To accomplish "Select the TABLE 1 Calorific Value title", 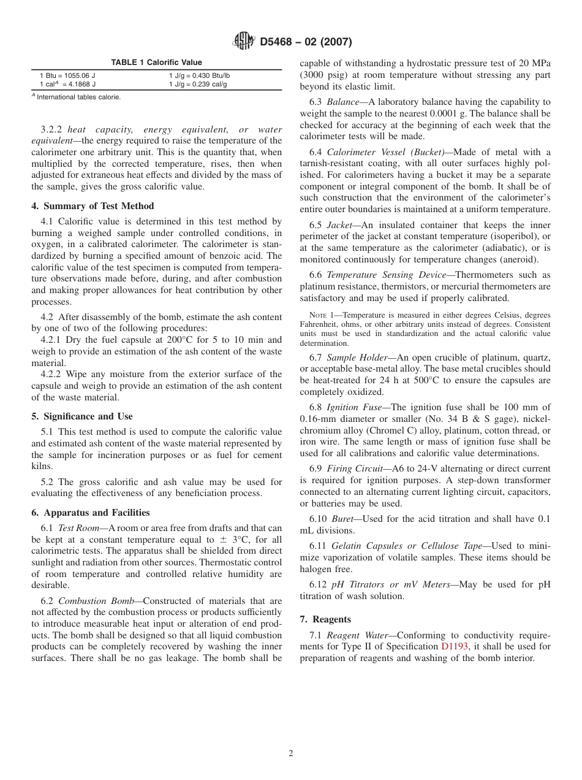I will pos(156,63).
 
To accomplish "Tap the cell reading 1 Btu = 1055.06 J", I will pos(67,75).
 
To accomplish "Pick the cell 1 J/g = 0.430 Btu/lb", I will pos(199,75).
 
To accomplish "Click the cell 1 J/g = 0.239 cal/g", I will pos(197,84).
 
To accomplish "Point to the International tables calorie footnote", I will pos(77,97).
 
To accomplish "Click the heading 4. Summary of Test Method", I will pos(93,206).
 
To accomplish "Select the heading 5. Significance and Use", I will pos(82,416).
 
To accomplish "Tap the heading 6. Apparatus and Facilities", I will pos(90,513).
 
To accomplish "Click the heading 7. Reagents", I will pos(325,619).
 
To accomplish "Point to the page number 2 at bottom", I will pos(291,754).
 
